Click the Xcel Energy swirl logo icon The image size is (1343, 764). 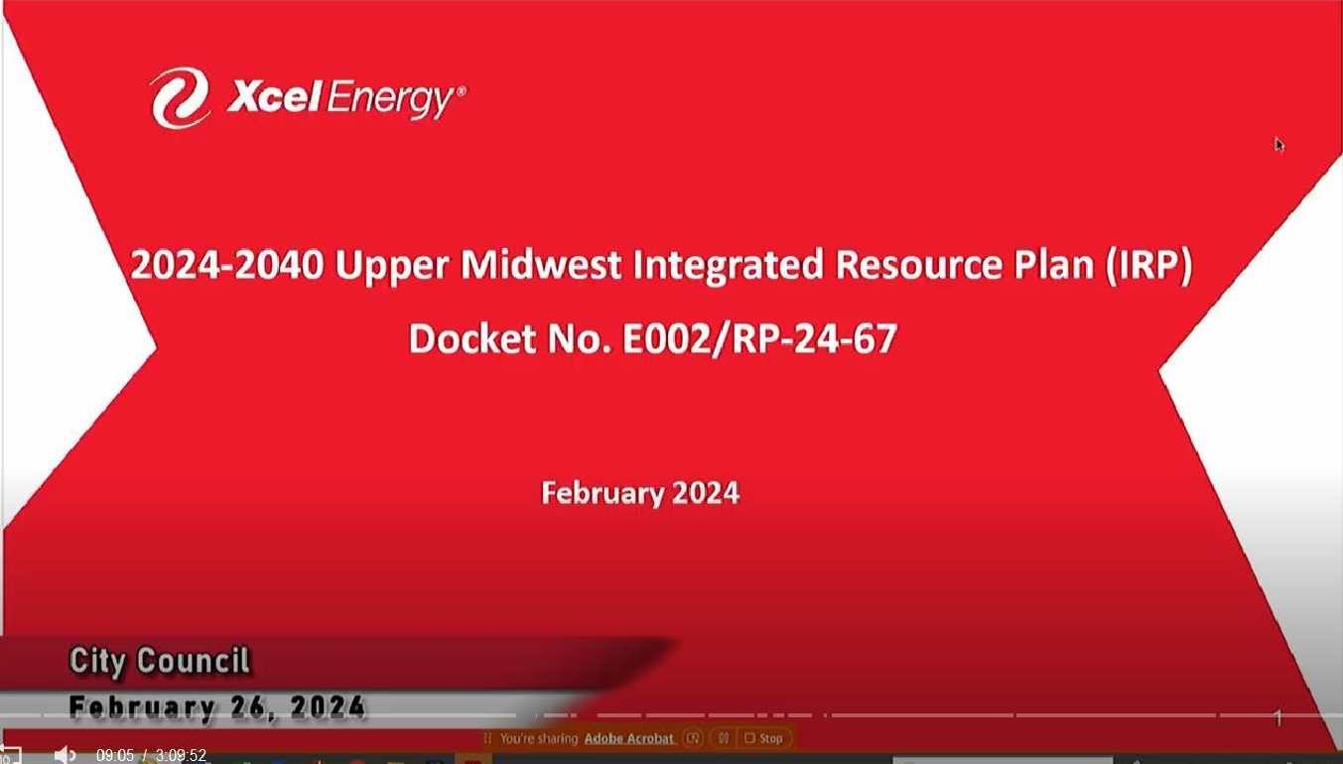[180, 97]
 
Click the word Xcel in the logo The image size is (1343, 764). [274, 96]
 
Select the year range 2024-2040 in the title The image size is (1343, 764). [227, 264]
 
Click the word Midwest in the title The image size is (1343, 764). [541, 264]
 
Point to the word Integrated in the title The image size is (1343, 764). [728, 266]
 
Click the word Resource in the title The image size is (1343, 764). [918, 265]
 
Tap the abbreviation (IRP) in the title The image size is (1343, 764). [1149, 266]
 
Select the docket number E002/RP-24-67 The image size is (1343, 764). [759, 339]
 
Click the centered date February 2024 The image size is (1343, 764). [640, 493]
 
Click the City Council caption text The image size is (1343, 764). [159, 662]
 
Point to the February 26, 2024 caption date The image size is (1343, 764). [216, 707]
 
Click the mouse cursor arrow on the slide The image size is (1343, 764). [1278, 145]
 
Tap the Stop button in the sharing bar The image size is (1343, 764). [764, 738]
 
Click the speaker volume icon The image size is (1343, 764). [65, 754]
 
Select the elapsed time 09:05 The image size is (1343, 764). [115, 755]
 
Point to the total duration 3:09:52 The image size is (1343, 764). [181, 755]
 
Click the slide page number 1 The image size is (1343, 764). [1277, 717]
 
